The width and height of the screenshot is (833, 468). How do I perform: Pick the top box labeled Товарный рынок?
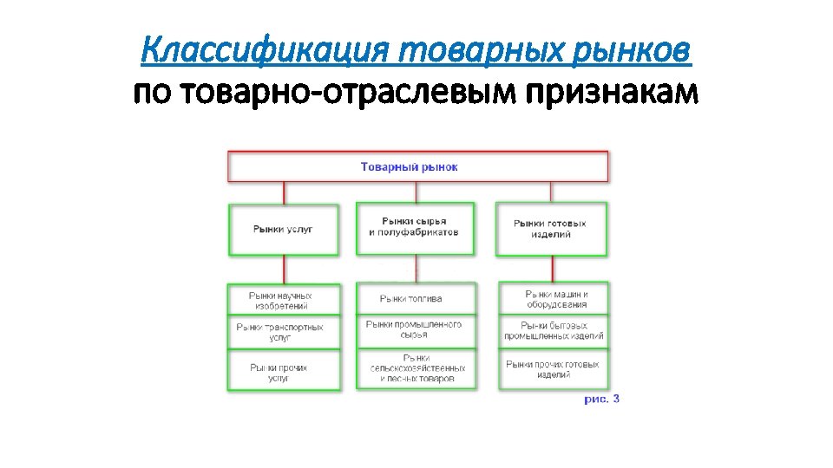coord(417,166)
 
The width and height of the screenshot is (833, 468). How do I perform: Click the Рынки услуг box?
coord(283,230)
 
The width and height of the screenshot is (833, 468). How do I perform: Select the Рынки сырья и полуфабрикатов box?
coord(415,228)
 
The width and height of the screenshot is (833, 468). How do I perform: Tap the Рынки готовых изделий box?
coord(552,230)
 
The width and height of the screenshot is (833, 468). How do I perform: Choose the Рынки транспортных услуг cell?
coord(283,332)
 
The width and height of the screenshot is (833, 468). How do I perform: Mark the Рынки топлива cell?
coord(415,299)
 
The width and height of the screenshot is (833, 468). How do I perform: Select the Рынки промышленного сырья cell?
coord(415,329)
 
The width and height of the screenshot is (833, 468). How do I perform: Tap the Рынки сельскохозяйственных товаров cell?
coord(415,369)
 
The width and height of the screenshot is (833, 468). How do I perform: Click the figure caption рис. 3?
coord(601,400)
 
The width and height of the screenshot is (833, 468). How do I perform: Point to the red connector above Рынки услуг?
coord(283,192)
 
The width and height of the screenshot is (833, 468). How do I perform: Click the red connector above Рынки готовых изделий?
coord(551,192)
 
